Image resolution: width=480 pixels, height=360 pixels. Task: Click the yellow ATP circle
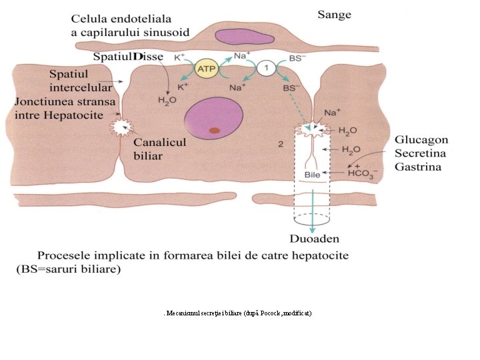click(205, 68)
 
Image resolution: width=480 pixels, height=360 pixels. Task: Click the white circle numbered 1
click(266, 68)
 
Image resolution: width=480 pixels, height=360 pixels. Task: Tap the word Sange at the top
click(334, 15)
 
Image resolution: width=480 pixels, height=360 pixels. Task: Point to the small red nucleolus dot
click(214, 130)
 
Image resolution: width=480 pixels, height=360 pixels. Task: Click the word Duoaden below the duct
click(314, 238)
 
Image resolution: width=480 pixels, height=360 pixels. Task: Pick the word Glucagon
click(421, 141)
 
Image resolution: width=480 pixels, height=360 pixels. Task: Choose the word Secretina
click(421, 153)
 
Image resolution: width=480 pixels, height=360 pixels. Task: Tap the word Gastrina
click(418, 166)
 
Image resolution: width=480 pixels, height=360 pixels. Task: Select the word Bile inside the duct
click(312, 174)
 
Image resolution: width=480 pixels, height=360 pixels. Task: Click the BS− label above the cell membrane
click(298, 58)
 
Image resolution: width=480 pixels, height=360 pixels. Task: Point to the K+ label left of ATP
click(180, 58)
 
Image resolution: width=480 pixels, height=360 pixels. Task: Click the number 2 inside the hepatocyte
click(281, 143)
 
